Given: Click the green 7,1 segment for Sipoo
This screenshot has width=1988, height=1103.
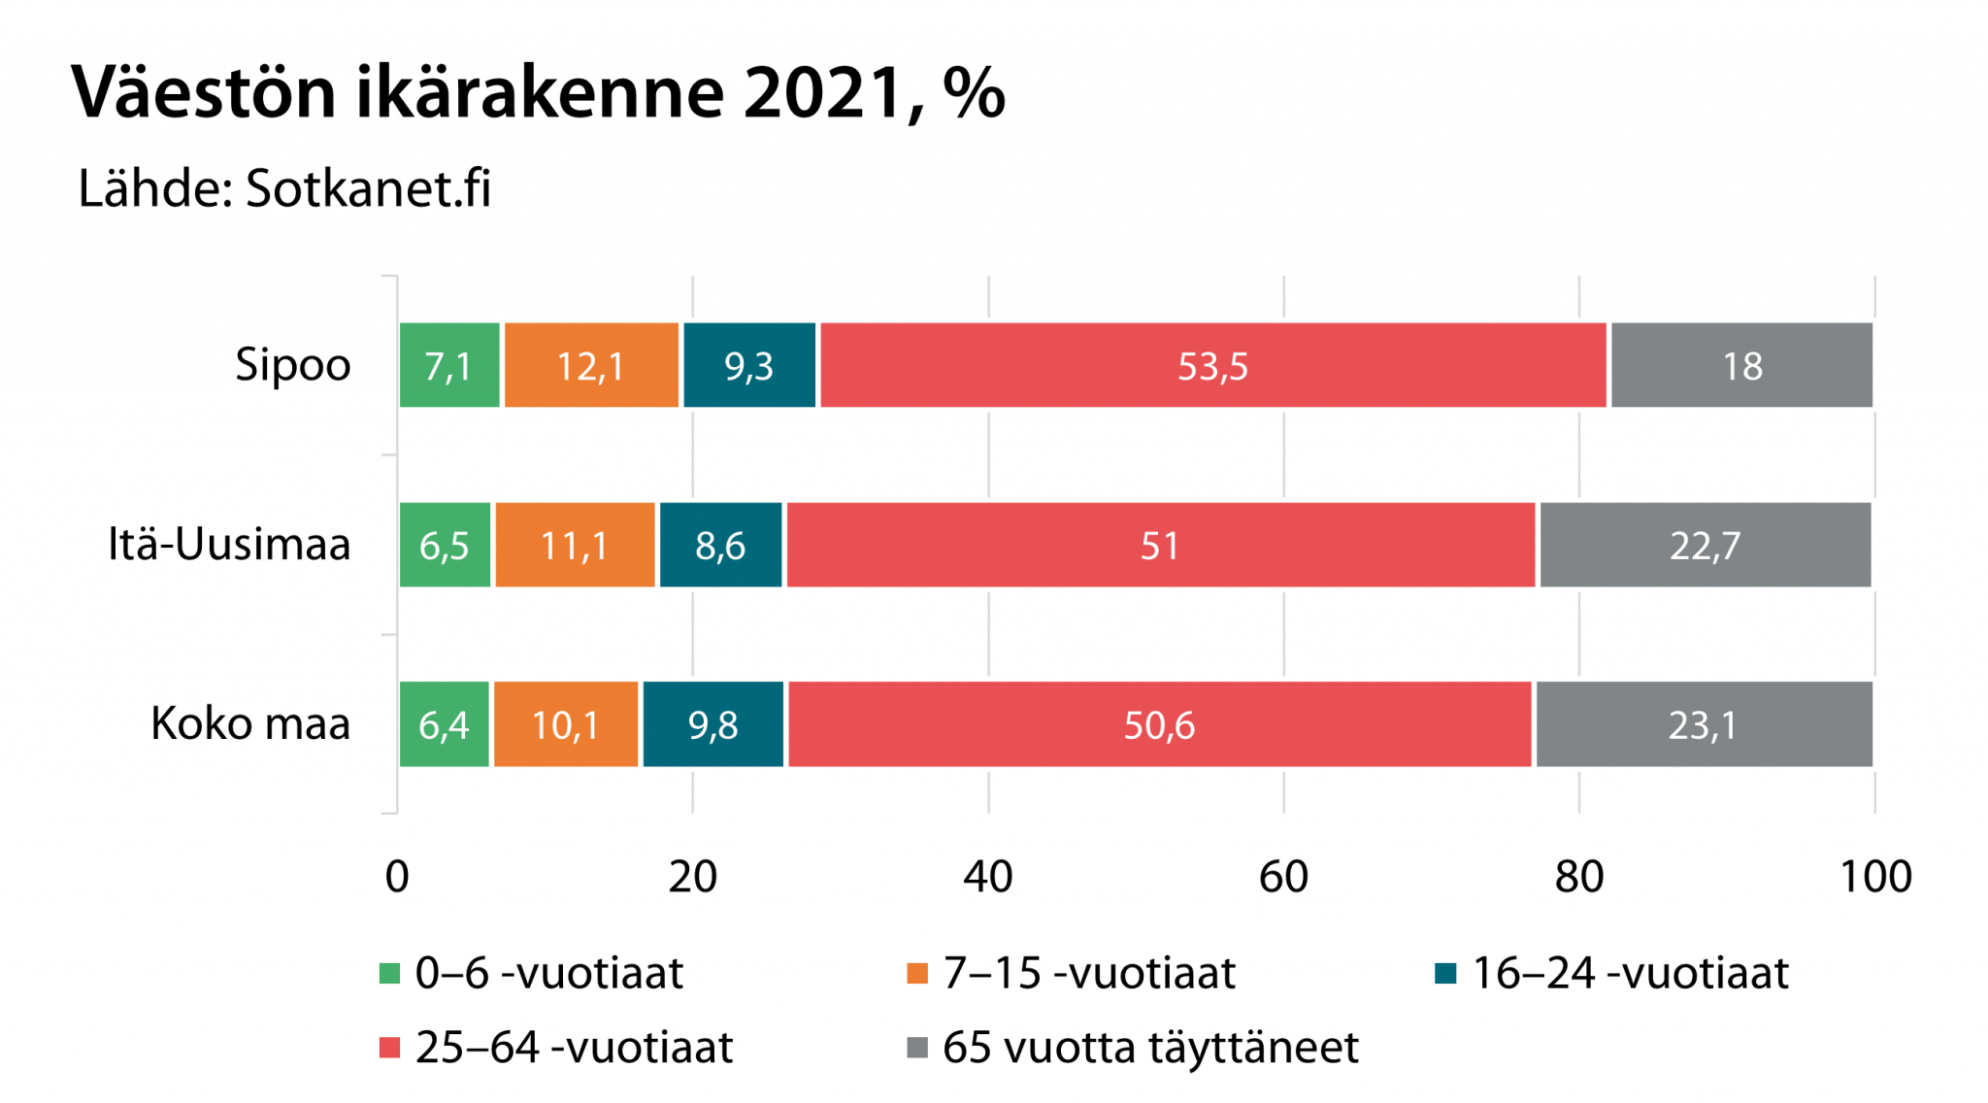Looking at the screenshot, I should [448, 365].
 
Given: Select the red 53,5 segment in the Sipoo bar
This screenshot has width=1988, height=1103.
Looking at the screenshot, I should [1212, 365].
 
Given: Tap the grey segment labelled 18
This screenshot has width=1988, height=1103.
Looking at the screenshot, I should [1741, 365].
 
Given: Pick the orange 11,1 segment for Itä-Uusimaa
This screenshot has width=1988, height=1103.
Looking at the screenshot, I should [575, 545].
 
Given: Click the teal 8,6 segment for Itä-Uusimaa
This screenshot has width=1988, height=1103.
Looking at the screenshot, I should [720, 545].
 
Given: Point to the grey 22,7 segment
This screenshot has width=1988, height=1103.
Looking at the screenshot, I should [1705, 545].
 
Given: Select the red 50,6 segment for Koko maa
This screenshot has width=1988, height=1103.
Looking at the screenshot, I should [1159, 724].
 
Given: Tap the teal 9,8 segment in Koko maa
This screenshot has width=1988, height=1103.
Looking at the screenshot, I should [712, 724].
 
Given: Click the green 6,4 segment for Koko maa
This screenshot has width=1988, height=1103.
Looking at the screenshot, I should [444, 724].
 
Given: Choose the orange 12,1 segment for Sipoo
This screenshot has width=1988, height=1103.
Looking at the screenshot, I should [590, 365].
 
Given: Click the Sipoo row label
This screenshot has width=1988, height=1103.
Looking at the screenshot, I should [292, 365].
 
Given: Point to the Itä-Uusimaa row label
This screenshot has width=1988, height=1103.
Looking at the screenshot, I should [229, 544].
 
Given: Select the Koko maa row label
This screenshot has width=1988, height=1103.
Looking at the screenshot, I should [250, 723].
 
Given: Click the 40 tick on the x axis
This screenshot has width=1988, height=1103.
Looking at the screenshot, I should [988, 876].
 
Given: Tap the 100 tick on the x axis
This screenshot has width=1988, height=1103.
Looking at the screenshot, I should [1875, 876].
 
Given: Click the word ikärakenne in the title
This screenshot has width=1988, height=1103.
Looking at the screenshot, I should [540, 93].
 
